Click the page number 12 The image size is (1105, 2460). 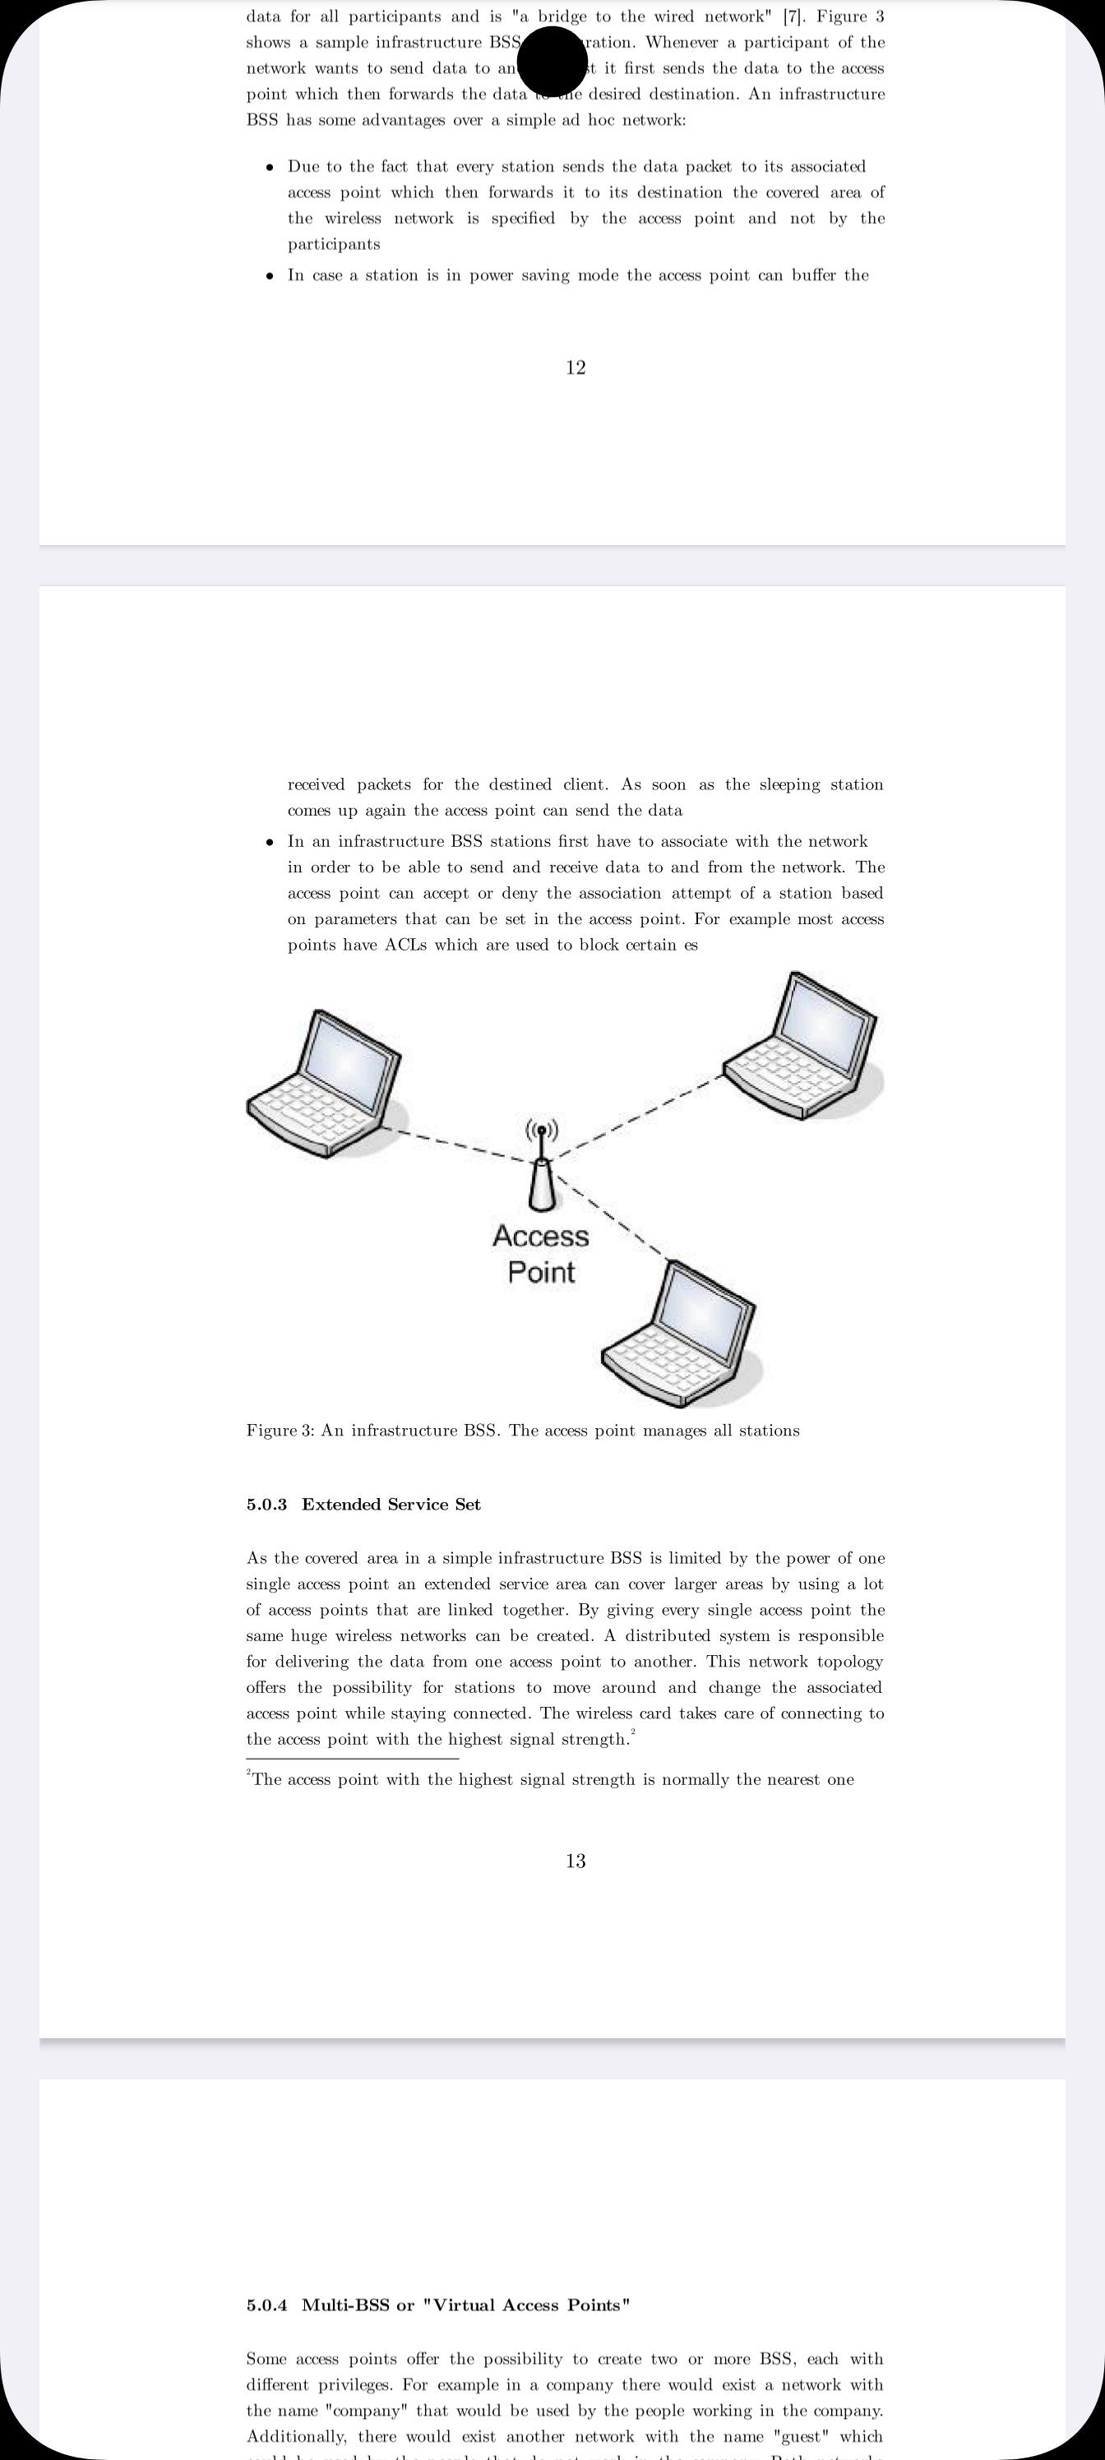tap(575, 368)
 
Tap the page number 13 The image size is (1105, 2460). tap(575, 1861)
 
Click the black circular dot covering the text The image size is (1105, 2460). tap(552, 60)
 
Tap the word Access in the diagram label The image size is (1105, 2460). tap(540, 1236)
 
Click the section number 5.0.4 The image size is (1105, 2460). tap(266, 2305)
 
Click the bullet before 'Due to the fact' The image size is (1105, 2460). tap(270, 168)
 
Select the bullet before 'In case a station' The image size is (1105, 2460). tap(270, 277)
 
